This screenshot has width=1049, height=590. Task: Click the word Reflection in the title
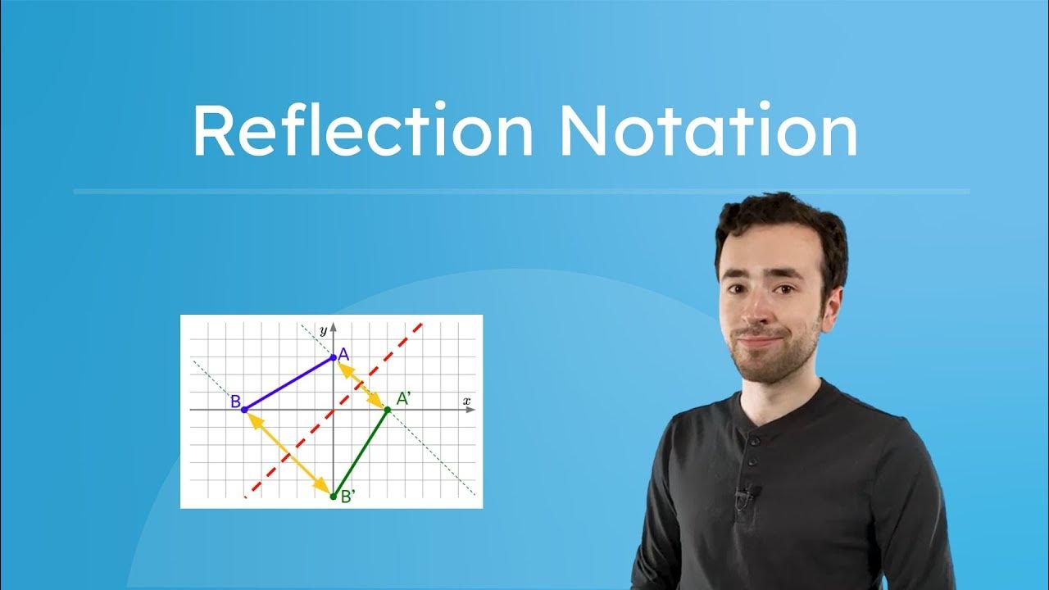click(362, 131)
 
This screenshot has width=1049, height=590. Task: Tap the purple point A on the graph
click(333, 357)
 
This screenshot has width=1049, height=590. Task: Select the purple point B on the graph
click(244, 409)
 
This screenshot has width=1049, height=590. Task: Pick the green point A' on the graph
click(387, 409)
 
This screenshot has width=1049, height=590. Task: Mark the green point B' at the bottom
click(333, 496)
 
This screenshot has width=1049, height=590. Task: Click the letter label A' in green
click(404, 399)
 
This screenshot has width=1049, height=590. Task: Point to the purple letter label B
click(234, 402)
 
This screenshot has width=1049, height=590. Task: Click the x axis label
click(466, 401)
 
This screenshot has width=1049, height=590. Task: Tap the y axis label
click(324, 330)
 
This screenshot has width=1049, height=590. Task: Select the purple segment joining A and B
click(288, 383)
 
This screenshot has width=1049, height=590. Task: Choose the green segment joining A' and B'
click(360, 452)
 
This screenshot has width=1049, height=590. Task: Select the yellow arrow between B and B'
click(288, 452)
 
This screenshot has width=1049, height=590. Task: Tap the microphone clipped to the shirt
click(746, 493)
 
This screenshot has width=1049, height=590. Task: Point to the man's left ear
click(833, 299)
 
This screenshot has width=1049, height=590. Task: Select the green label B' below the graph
click(348, 497)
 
